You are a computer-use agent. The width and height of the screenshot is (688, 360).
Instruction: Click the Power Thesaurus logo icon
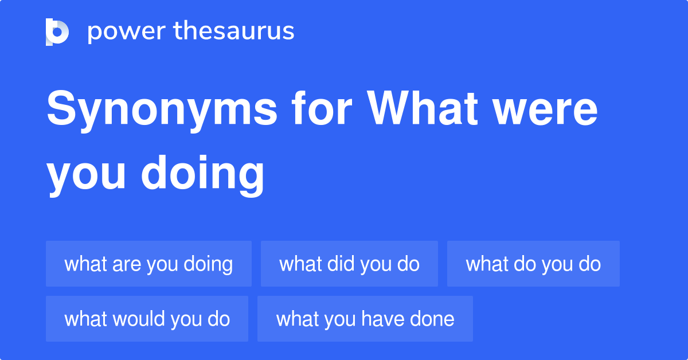57,32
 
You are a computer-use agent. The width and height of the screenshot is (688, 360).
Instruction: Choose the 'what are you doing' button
148,264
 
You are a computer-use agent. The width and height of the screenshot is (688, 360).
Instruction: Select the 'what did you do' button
349,264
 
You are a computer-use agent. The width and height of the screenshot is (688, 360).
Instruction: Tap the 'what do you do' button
533,264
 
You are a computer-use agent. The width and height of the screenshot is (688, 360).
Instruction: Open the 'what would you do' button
147,319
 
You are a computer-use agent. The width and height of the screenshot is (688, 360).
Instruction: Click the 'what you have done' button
365,319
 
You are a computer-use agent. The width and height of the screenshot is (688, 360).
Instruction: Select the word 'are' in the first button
127,264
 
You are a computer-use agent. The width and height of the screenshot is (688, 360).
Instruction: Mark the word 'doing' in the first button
208,264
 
